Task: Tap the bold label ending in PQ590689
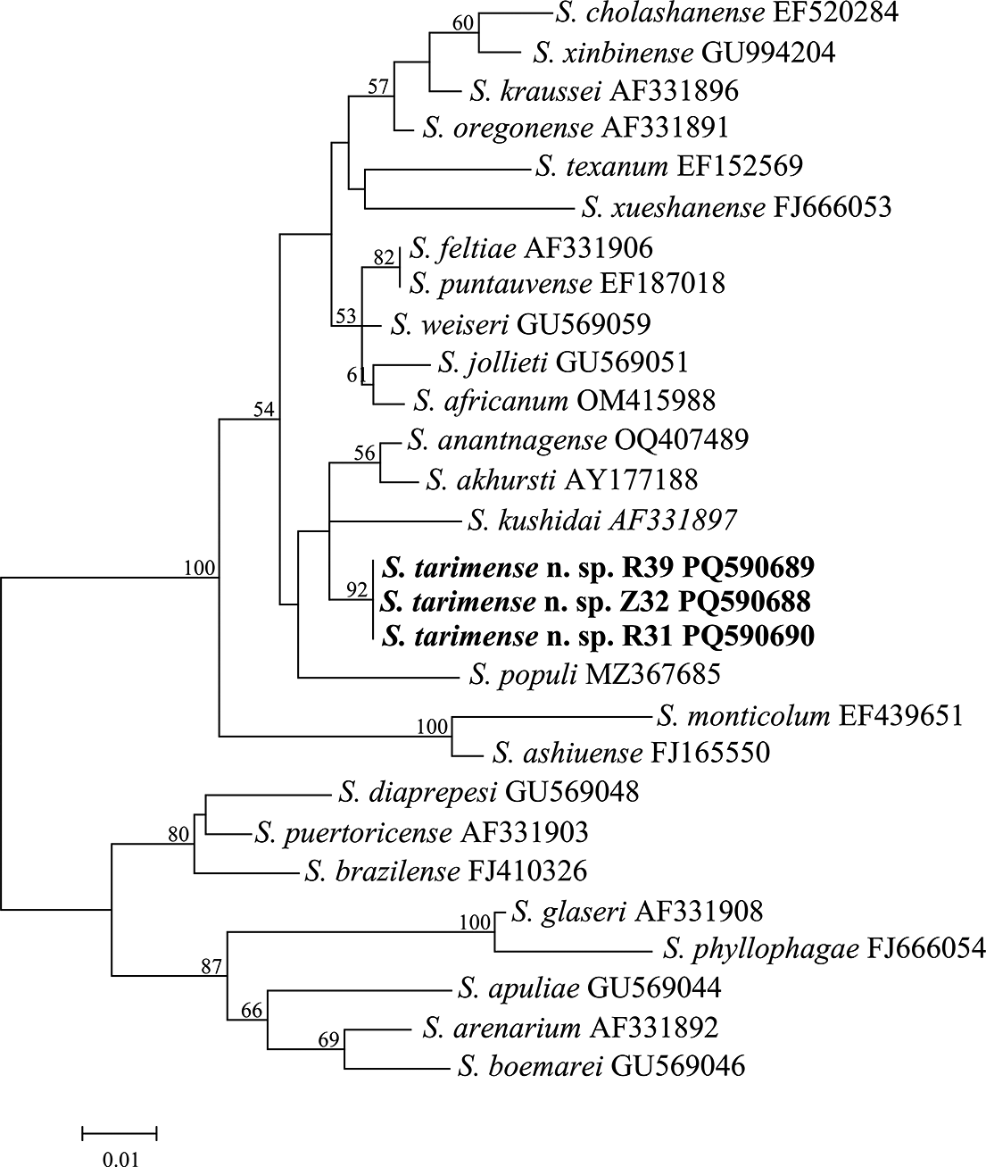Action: (x=598, y=566)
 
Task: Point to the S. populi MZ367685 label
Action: (x=593, y=673)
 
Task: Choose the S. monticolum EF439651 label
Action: (x=809, y=716)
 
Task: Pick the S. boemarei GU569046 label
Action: (x=601, y=1066)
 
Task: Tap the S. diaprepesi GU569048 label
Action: (x=489, y=792)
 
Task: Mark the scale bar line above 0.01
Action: (x=120, y=1134)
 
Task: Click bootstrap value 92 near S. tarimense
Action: (x=358, y=590)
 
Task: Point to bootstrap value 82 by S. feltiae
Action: (x=384, y=258)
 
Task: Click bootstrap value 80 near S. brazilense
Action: (x=179, y=835)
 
